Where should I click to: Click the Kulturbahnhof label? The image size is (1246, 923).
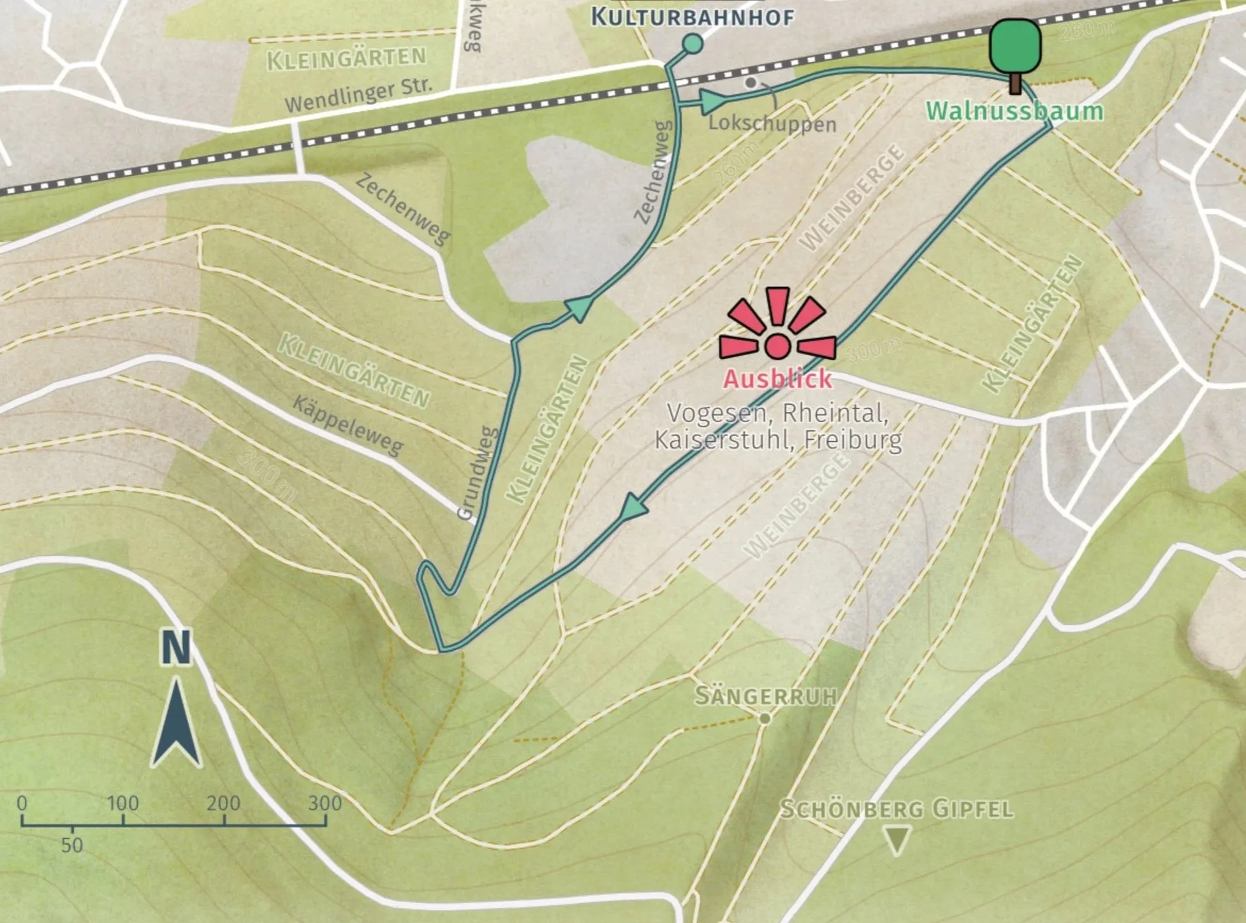(x=693, y=17)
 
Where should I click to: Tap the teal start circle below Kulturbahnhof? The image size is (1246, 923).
(x=693, y=43)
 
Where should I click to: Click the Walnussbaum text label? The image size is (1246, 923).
(x=1015, y=111)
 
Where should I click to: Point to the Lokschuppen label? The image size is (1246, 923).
(x=772, y=123)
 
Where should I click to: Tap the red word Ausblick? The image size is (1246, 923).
(x=777, y=379)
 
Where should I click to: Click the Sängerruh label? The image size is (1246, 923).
(x=765, y=695)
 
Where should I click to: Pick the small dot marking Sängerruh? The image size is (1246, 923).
(x=765, y=718)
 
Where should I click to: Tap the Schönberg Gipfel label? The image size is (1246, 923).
(x=897, y=810)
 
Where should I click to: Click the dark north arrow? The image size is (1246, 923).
(x=177, y=723)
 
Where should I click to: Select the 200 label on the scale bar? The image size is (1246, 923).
(x=223, y=803)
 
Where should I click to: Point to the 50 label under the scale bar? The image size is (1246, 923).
(x=72, y=845)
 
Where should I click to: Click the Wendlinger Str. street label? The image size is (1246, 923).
(x=358, y=95)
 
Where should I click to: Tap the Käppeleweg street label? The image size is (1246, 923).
(x=348, y=425)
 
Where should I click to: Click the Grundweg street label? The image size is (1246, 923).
(x=478, y=472)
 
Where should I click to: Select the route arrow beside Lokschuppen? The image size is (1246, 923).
(x=713, y=101)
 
